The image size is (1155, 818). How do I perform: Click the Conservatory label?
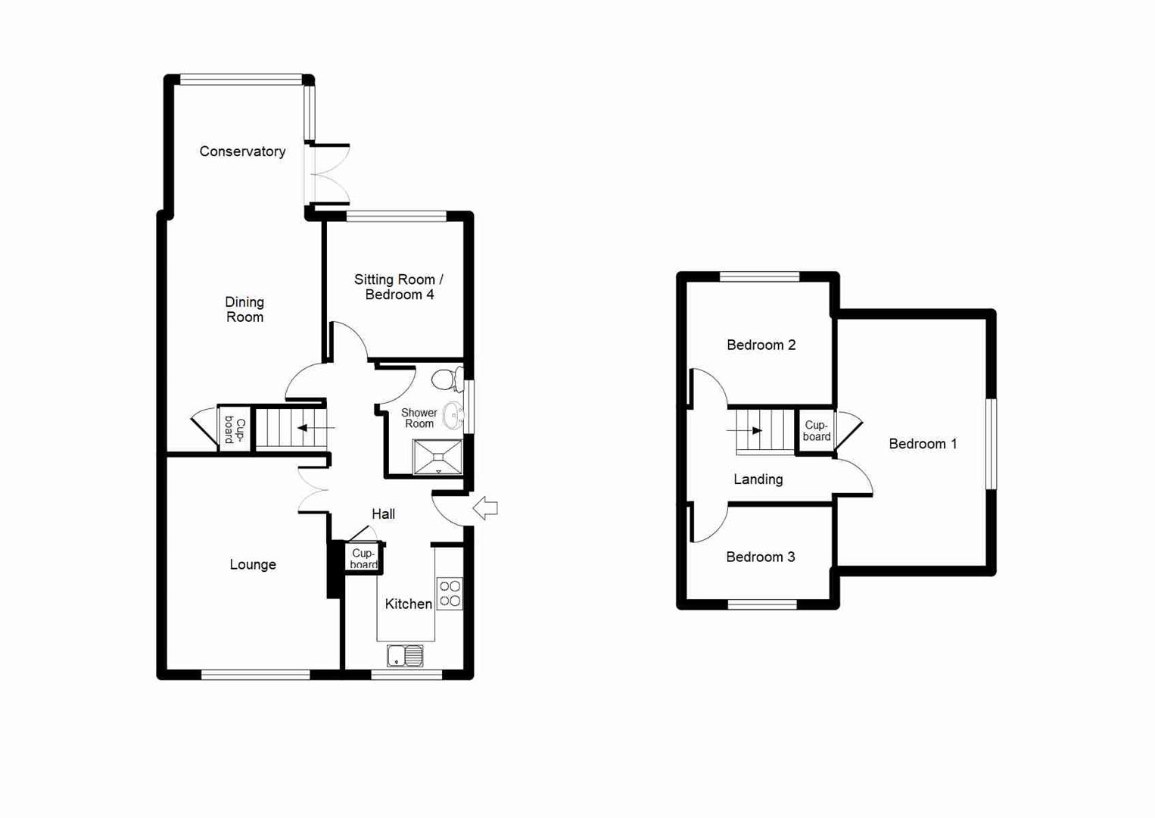pos(242,151)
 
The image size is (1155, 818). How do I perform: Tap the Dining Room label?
pos(244,310)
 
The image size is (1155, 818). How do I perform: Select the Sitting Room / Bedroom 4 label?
pos(399,287)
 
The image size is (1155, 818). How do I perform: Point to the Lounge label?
pos(253,565)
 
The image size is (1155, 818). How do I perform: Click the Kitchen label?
pos(408,604)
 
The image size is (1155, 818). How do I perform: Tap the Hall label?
pos(383,514)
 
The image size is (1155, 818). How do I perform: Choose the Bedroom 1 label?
pos(923,445)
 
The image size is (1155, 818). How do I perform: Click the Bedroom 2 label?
pos(761,345)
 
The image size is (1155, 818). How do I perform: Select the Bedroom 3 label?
pos(760,557)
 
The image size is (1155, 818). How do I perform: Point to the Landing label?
pos(758,479)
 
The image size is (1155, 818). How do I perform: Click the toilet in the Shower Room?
pos(447,378)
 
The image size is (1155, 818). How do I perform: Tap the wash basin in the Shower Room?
pos(453,415)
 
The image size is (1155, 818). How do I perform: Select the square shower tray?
pos(437,457)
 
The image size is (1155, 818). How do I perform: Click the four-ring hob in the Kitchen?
pos(450,593)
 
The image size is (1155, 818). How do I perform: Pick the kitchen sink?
pos(405,656)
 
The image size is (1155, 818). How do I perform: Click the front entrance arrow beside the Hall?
pos(485,508)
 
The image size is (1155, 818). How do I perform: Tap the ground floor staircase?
pos(291,429)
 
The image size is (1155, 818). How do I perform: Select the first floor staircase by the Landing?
pos(764,431)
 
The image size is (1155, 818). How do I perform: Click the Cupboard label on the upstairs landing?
pos(817,431)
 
